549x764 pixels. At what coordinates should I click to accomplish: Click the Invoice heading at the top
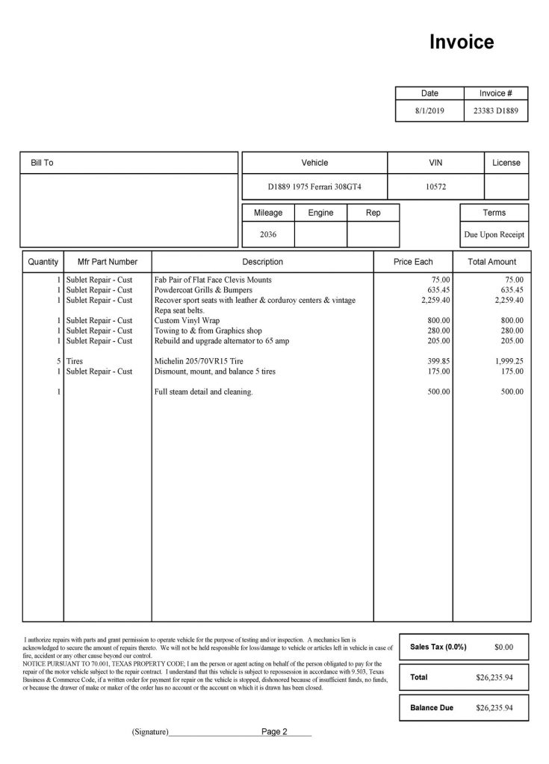point(461,43)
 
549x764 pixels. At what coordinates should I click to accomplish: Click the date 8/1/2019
point(429,110)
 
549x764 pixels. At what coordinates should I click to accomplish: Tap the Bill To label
point(42,163)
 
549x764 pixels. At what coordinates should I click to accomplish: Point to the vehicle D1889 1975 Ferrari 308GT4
point(314,187)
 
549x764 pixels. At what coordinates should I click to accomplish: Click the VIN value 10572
point(435,187)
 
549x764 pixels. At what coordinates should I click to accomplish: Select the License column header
point(506,163)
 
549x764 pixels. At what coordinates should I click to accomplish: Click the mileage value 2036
point(267,234)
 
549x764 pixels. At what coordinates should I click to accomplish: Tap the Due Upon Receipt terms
point(494,234)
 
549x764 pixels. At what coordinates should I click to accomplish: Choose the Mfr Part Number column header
point(108,262)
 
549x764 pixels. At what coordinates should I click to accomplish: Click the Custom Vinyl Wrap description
point(185,320)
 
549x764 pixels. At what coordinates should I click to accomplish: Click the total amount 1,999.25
point(508,360)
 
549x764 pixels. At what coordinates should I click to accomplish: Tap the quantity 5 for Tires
point(58,360)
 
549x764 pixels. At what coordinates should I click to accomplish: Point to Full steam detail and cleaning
point(203,392)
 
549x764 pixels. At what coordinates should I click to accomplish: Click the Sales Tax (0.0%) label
point(438,647)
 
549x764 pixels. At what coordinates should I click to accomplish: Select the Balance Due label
point(433,707)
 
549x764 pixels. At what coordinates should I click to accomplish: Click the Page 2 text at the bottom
point(274,732)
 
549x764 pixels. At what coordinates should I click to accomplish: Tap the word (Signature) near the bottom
point(149,733)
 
